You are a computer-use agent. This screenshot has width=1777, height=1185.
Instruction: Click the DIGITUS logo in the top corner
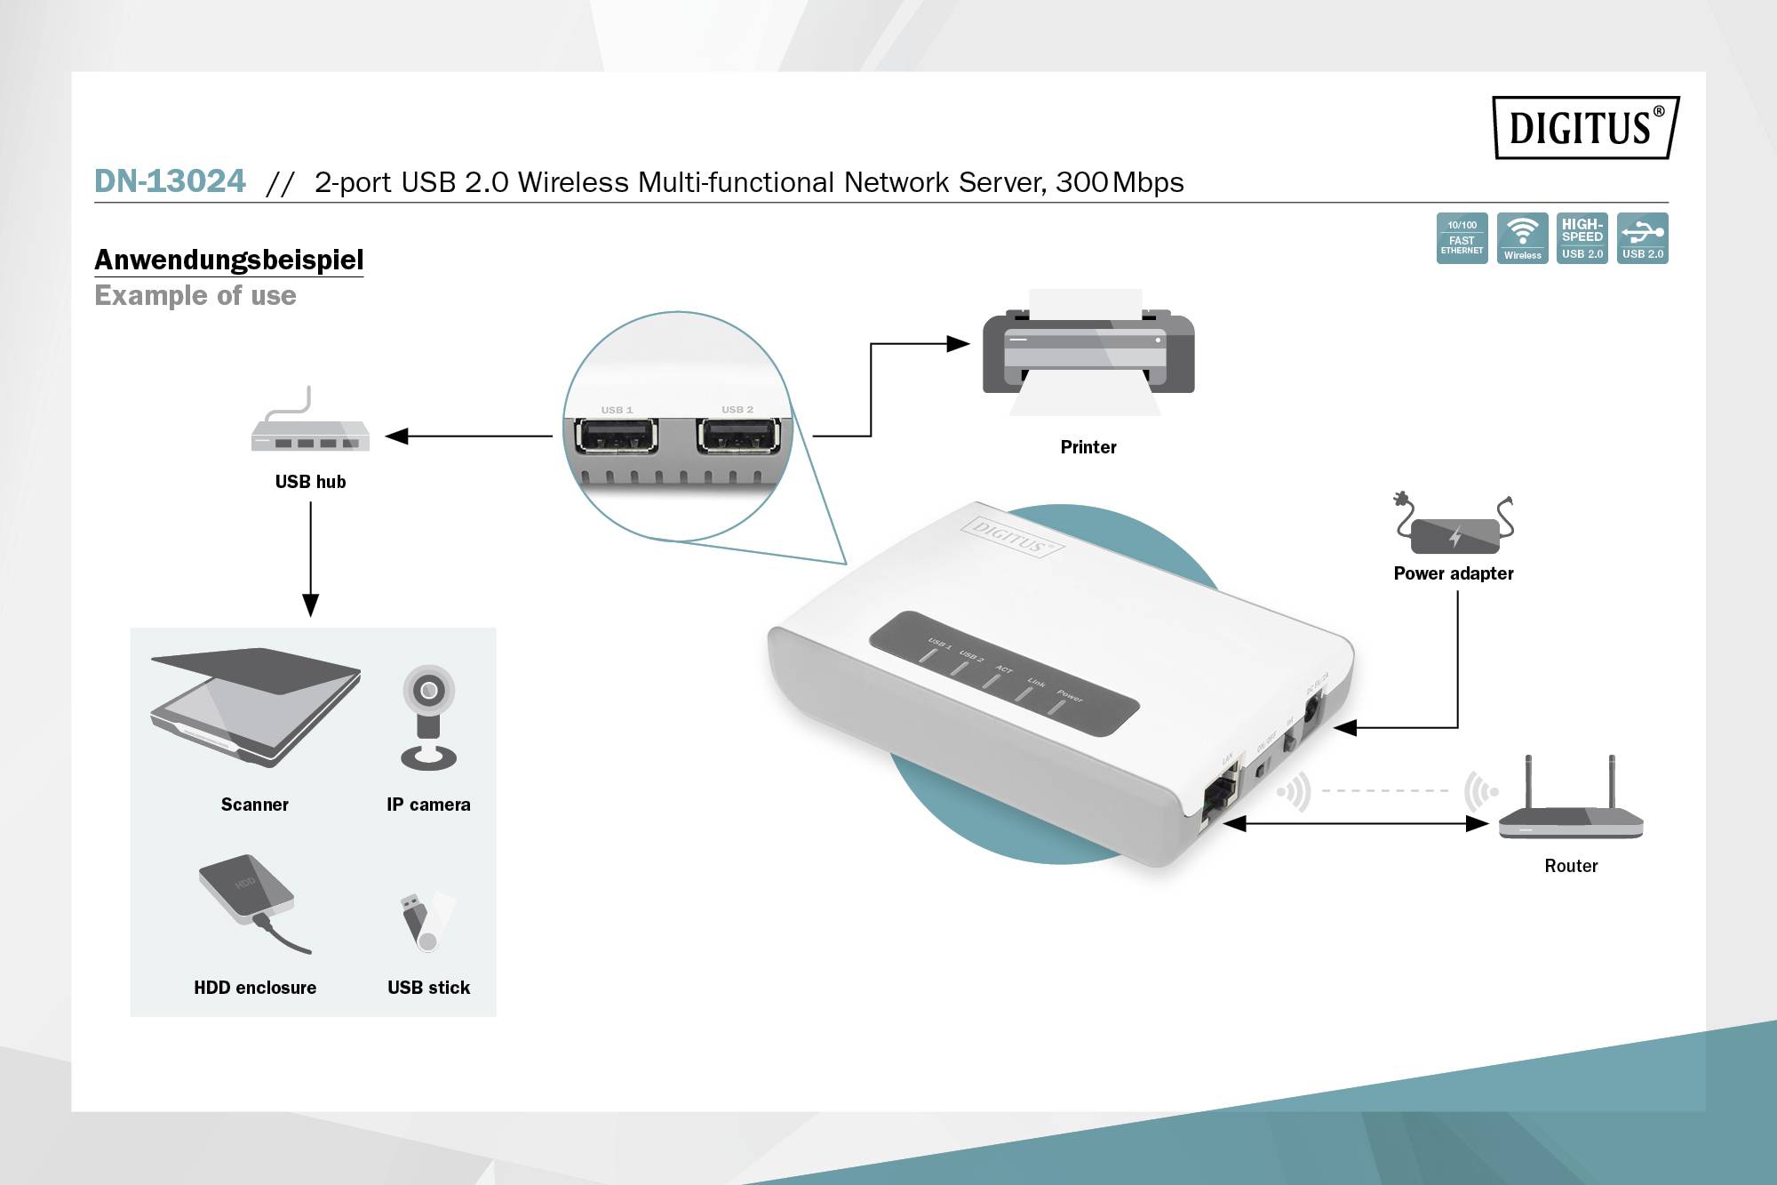pyautogui.click(x=1585, y=128)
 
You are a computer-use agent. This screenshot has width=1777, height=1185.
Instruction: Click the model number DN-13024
pyautogui.click(x=170, y=181)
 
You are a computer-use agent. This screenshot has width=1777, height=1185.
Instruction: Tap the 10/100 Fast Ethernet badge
pyautogui.click(x=1462, y=238)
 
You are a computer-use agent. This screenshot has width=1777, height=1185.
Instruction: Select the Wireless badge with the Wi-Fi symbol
pyautogui.click(x=1522, y=238)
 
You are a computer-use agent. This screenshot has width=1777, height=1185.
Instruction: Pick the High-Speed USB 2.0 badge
pyautogui.click(x=1582, y=238)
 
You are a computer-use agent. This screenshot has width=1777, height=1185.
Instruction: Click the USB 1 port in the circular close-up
pyautogui.click(x=617, y=436)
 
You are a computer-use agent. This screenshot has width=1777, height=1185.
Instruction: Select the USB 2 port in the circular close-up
pyautogui.click(x=737, y=436)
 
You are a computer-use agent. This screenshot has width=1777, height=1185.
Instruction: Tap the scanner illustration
pyautogui.click(x=256, y=708)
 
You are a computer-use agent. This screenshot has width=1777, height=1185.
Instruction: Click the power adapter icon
pyautogui.click(x=1454, y=528)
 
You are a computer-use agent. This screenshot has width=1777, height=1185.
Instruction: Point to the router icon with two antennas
pyautogui.click(x=1570, y=805)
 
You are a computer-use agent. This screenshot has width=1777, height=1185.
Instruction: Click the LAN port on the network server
pyautogui.click(x=1219, y=796)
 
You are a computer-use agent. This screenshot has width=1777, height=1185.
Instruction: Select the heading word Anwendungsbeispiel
pyautogui.click(x=228, y=260)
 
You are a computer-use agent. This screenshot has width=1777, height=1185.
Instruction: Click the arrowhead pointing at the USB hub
pyautogui.click(x=396, y=436)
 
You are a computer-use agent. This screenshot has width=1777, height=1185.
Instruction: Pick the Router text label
pyautogui.click(x=1570, y=866)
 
